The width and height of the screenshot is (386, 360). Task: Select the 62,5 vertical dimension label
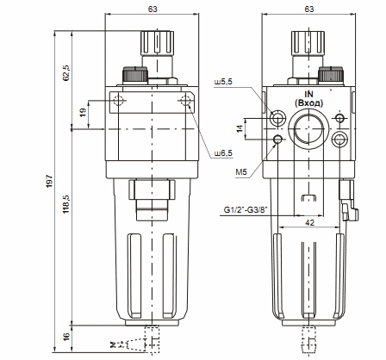pos(66,71)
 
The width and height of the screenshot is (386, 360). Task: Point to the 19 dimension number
pos(83,112)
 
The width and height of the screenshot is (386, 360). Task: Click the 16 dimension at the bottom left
pos(66,337)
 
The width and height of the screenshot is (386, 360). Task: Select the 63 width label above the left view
pos(153,9)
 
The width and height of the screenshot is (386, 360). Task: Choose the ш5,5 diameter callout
pos(222,83)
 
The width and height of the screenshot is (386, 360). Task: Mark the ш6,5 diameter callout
pos(223,152)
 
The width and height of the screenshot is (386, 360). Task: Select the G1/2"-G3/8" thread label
pos(246,208)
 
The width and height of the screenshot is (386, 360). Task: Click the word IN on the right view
pos(308,93)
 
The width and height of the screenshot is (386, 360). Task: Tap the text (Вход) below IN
pos(308,102)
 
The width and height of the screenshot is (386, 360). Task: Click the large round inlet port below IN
pos(308,133)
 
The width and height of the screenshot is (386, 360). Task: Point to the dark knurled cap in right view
pos(330,74)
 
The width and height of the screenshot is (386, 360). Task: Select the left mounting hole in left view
pos(118,102)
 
